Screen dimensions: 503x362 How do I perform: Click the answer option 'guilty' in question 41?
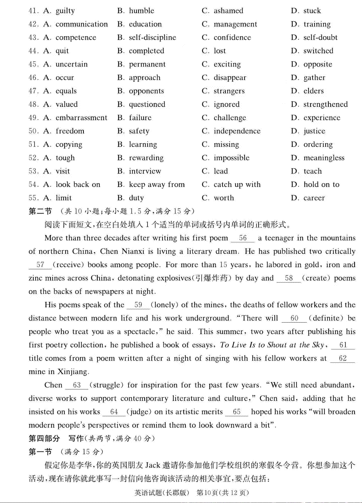pos(65,11)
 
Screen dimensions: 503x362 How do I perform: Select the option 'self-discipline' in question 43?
pos(152,38)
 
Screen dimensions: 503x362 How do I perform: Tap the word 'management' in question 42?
pos(235,24)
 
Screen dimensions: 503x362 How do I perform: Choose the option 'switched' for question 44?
pos(318,51)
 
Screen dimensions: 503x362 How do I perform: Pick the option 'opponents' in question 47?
pos(146,91)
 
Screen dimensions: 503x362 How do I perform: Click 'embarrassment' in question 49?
pos(81,118)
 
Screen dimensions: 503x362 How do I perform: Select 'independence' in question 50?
pos(237,131)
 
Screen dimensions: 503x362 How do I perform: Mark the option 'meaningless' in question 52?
pos(324,158)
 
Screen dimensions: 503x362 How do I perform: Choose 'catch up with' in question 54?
pos(237,185)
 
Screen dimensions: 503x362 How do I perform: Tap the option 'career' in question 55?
pos(314,198)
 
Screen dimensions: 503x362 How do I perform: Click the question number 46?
pos(33,78)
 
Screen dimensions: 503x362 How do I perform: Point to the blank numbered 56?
pos(243,238)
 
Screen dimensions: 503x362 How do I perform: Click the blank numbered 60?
pos(294,318)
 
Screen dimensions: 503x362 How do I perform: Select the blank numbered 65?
pos(237,412)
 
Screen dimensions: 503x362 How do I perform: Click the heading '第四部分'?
pos(44,439)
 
